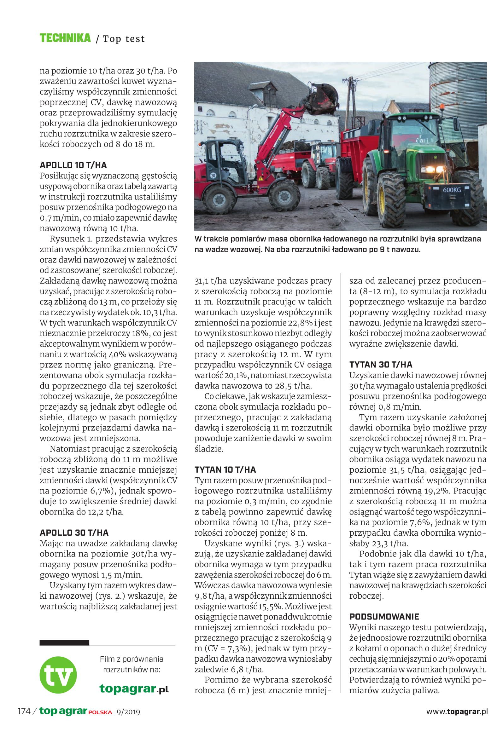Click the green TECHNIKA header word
65,38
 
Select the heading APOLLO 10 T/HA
73,165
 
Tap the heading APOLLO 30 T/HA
74,533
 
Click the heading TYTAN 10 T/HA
225,470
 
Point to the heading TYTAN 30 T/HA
381,365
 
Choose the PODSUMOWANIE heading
384,617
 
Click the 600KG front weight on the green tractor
452,190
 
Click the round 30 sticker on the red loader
213,175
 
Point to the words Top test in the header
124,39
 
